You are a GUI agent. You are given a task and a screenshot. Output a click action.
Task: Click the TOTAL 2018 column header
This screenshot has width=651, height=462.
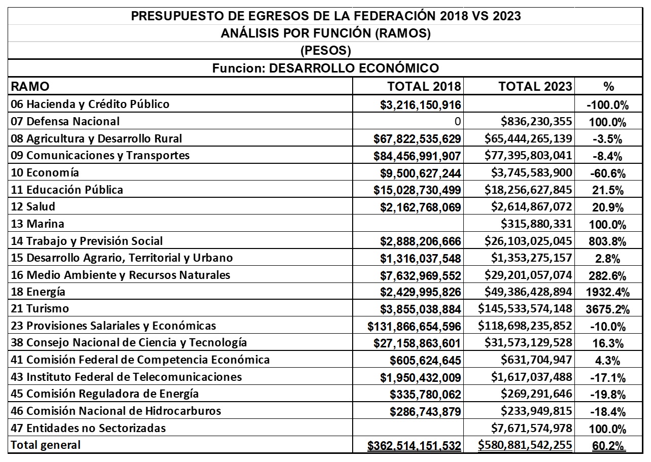click(424, 86)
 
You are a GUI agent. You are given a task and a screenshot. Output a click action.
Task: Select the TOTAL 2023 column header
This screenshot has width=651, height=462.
click(535, 86)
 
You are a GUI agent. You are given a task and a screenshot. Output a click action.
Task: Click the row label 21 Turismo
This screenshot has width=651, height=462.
click(40, 308)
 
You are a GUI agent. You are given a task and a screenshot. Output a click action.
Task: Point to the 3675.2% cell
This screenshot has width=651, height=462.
click(607, 309)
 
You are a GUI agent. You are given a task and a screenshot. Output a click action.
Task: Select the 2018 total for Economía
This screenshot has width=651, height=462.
click(421, 173)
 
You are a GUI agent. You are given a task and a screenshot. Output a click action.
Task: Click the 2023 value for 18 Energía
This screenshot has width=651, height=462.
click(526, 292)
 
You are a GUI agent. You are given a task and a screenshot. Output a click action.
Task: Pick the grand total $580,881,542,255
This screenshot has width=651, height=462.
click(525, 445)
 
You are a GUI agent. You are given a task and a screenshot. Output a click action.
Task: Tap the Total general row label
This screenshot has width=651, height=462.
click(46, 445)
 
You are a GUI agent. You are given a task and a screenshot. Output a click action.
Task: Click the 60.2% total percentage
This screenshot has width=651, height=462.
click(608, 446)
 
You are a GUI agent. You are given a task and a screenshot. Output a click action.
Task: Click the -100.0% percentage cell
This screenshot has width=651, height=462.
click(607, 105)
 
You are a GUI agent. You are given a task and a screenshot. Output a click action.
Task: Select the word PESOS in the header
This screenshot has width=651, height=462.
click(325, 51)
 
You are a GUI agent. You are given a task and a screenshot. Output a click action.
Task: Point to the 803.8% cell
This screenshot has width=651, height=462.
click(608, 241)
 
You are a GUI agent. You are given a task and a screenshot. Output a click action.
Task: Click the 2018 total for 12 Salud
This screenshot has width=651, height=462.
click(421, 207)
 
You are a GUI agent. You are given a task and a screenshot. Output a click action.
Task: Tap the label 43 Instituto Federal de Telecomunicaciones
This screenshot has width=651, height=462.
click(126, 377)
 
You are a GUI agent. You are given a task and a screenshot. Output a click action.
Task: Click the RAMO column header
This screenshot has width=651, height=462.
click(30, 86)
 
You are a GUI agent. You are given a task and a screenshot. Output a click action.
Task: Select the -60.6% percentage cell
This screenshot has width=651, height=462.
click(607, 173)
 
